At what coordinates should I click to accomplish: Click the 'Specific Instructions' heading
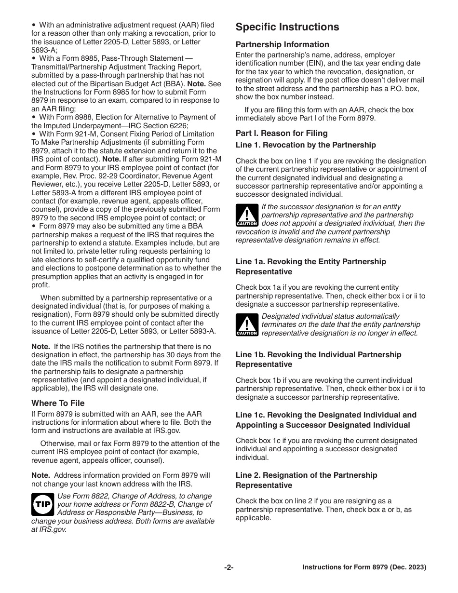pyautogui.click(x=287, y=27)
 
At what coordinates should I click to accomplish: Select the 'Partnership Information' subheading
pyautogui.click(x=283, y=44)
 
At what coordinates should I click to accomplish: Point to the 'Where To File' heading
pyautogui.click(x=58, y=403)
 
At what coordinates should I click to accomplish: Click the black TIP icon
pyautogui.click(x=42, y=504)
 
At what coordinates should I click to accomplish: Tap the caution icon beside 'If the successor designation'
pyautogui.click(x=246, y=216)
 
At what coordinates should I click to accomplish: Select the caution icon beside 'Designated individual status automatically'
pyautogui.click(x=246, y=324)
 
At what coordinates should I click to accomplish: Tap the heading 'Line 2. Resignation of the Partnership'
pyautogui.click(x=306, y=475)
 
